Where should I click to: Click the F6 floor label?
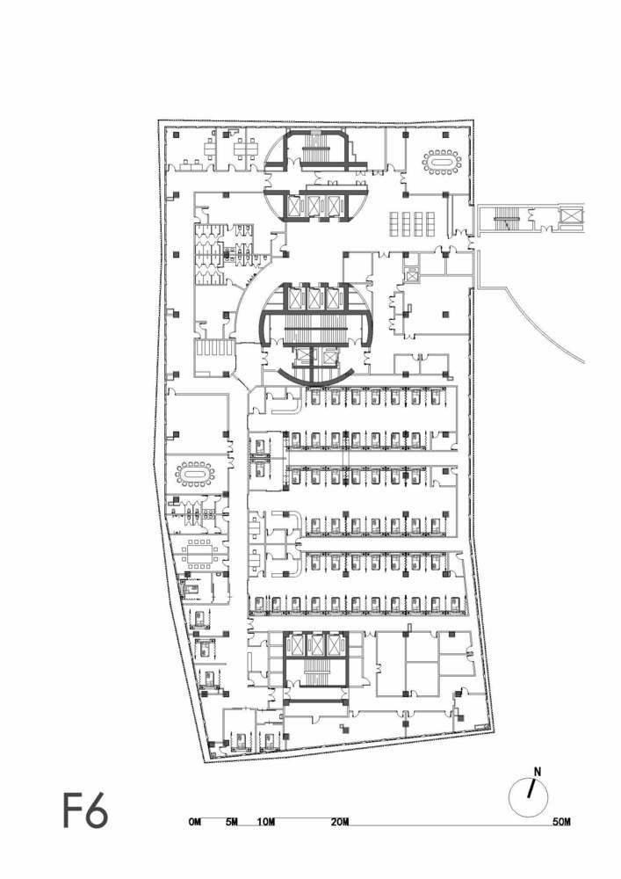(x=85, y=810)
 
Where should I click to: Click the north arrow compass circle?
(x=529, y=796)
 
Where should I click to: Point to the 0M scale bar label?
(x=195, y=822)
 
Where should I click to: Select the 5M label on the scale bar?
(x=232, y=822)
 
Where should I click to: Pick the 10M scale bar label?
(x=267, y=822)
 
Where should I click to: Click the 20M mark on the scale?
(x=340, y=822)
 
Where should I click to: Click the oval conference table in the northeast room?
(x=441, y=161)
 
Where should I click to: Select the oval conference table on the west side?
(x=195, y=475)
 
